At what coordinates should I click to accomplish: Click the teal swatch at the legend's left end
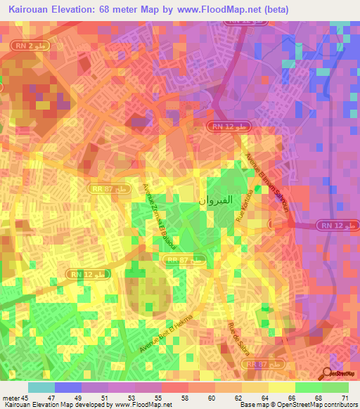[x=41, y=387]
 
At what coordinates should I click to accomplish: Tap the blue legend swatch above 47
[x=68, y=387]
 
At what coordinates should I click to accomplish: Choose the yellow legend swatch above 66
[x=282, y=387]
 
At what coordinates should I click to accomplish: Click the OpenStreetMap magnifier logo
[x=327, y=373]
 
